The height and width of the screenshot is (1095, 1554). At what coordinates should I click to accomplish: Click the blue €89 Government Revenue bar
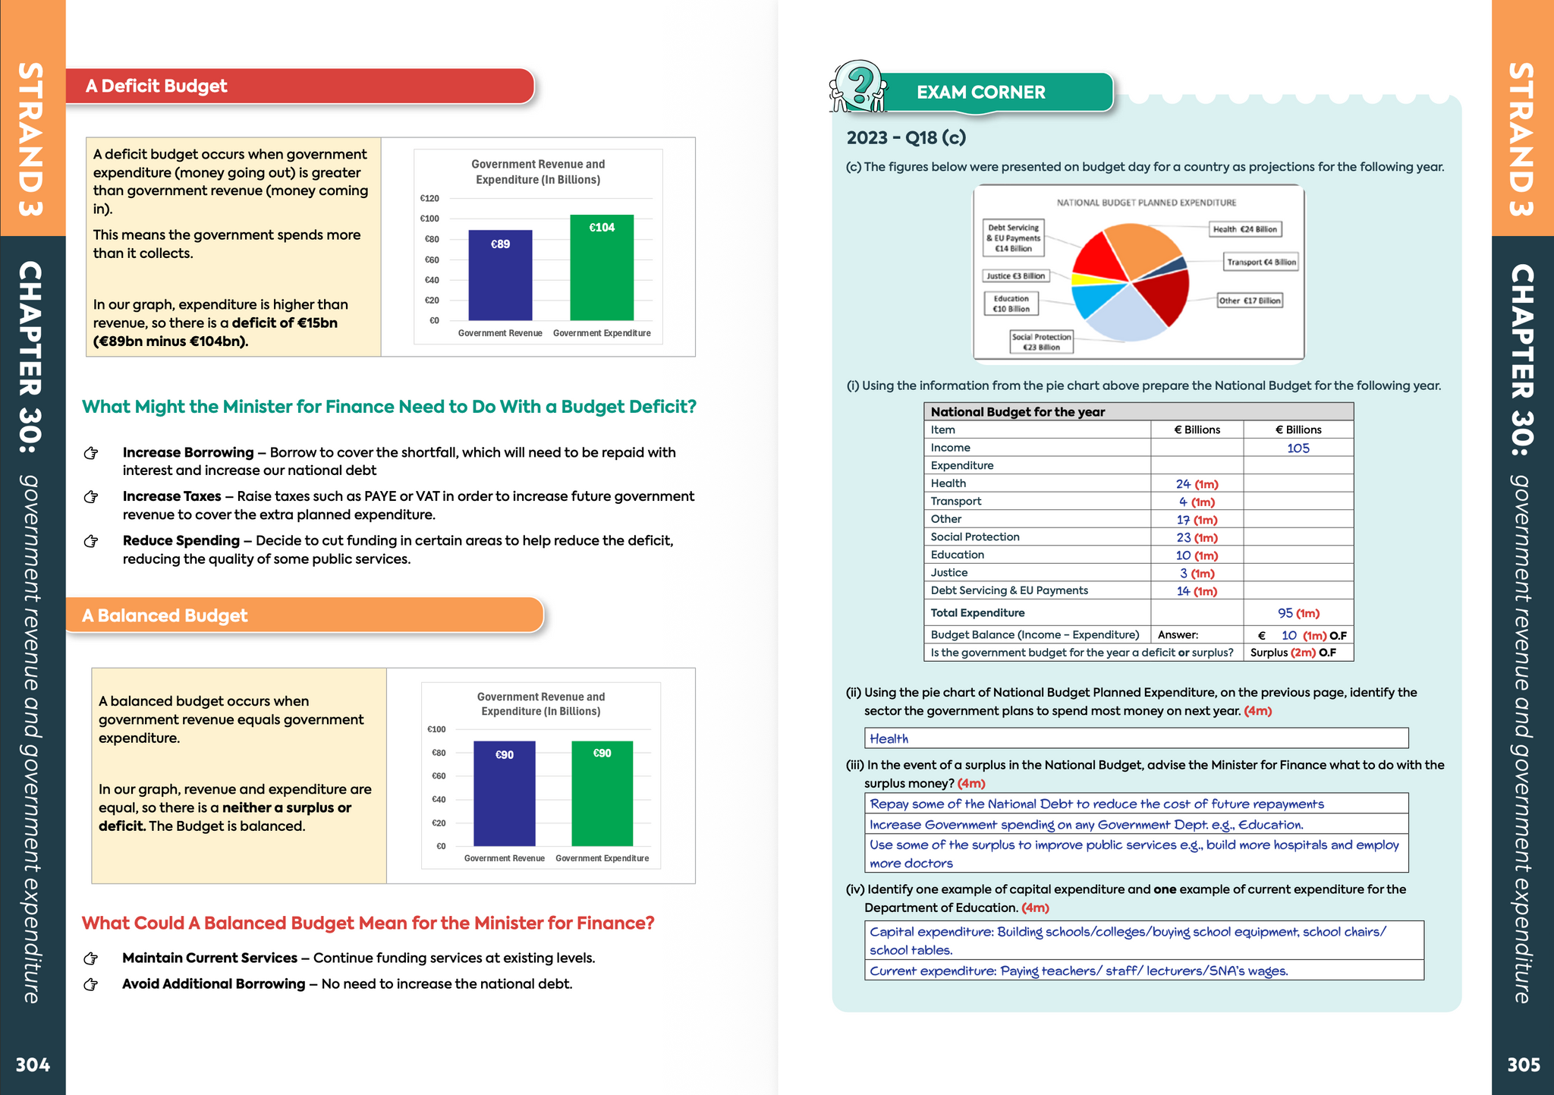(500, 275)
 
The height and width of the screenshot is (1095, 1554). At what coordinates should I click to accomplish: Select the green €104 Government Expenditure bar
(602, 268)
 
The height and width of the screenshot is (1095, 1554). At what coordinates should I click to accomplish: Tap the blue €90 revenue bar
(505, 793)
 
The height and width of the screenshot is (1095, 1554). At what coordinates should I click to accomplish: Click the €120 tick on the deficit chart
(429, 199)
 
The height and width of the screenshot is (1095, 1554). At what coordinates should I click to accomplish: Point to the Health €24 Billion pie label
(1244, 229)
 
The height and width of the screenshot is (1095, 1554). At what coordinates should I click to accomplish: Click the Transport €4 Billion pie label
(1261, 263)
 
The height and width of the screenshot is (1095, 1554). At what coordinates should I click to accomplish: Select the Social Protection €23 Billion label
(1041, 342)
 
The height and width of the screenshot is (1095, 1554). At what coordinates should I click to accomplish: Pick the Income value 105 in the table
(1298, 448)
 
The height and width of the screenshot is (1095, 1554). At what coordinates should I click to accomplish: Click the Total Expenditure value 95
(1285, 613)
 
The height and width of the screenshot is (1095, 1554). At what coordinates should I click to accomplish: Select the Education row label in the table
(958, 555)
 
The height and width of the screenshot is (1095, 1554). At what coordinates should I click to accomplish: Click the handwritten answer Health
(889, 739)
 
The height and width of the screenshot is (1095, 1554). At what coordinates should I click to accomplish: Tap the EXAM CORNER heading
(980, 93)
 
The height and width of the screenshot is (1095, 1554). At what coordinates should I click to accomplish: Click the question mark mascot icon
(858, 87)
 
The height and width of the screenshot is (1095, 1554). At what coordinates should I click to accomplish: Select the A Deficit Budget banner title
(156, 87)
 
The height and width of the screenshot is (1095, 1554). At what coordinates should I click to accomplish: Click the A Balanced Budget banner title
(165, 615)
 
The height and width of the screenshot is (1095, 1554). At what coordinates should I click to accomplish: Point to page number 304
(33, 1065)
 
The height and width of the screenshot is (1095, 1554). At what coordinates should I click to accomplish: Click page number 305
(1523, 1065)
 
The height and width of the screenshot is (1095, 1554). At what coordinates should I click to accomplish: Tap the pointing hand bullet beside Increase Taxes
(91, 497)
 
